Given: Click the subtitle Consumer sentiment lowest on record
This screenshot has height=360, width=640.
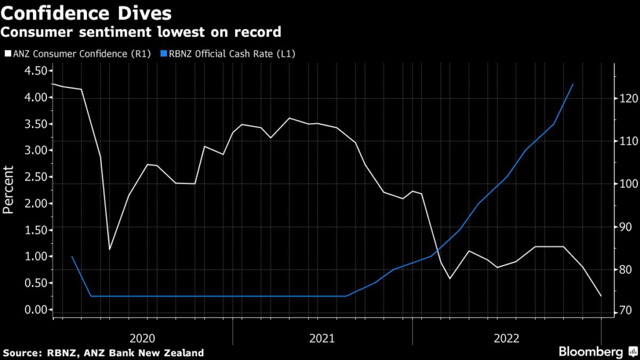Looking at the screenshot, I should coord(141,31).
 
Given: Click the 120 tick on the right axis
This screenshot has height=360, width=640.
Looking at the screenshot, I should coord(628,98).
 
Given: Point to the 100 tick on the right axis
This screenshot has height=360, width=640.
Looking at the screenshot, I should coord(628,184).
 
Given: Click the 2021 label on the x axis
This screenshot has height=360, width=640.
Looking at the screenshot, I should coord(322,338).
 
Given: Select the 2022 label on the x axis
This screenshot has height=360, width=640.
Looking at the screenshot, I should coord(506,338).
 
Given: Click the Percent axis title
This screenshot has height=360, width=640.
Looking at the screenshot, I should coord(9,190).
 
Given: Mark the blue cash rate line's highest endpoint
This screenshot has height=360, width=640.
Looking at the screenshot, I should coord(573,84).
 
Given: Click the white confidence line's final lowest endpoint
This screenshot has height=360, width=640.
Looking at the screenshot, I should coord(601,296).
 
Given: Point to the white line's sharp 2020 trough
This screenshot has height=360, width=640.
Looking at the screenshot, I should coord(110,249).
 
